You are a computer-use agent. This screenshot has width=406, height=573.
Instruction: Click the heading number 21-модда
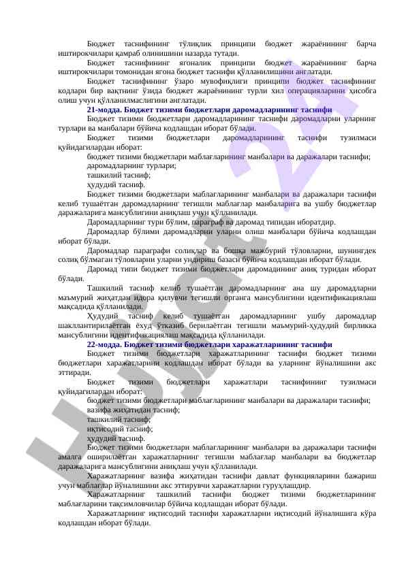[x=106, y=109]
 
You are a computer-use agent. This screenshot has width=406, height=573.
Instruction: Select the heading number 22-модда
[x=106, y=345]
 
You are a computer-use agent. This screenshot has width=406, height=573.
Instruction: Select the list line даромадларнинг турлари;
[x=131, y=165]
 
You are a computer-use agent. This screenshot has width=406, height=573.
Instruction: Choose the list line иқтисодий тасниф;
[x=121, y=429]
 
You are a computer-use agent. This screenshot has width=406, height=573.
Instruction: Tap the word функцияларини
[x=292, y=476]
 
